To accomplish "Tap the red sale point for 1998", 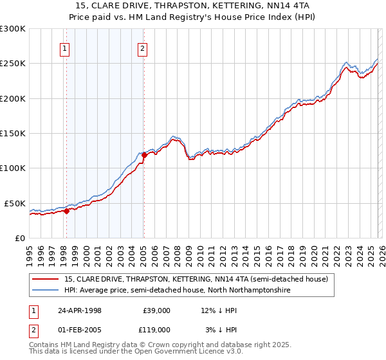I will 66,211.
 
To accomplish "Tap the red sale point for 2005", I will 144,155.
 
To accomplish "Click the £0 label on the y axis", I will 20,238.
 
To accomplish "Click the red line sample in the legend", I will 46,280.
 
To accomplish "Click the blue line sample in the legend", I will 46,291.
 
